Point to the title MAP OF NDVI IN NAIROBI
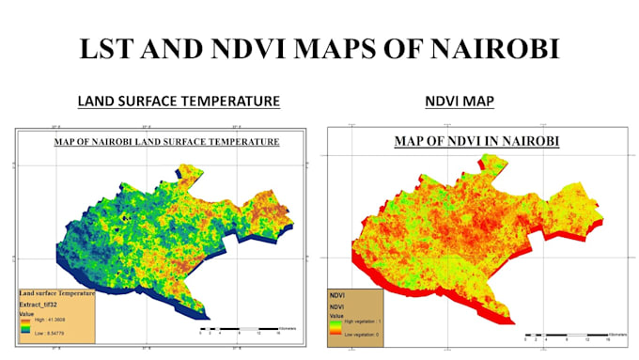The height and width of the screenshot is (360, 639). pos(475,142)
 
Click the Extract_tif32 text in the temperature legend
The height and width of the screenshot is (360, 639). pos(41,305)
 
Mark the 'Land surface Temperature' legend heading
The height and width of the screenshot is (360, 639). pos(55,293)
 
